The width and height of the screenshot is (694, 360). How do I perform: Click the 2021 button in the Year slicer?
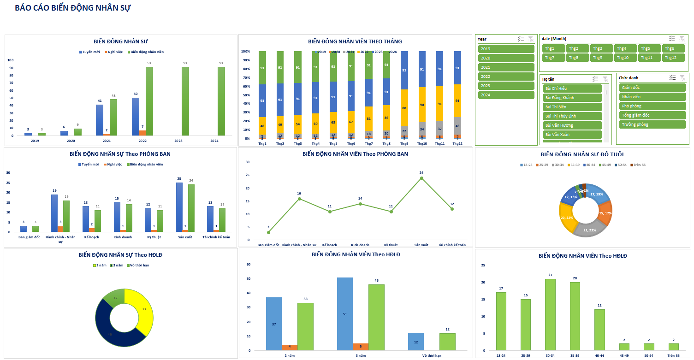pyautogui.click(x=506, y=67)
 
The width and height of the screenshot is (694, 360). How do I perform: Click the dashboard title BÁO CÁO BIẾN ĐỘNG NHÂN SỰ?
pyautogui.click(x=72, y=8)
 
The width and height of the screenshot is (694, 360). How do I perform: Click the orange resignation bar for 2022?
pyautogui.click(x=142, y=133)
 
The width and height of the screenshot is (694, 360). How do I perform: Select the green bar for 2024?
pyautogui.click(x=221, y=101)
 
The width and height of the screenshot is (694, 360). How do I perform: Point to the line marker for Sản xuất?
pyautogui.click(x=421, y=178)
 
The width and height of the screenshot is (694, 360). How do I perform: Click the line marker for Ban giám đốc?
pyautogui.click(x=268, y=232)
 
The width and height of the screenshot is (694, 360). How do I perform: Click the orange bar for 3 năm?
pyautogui.click(x=361, y=347)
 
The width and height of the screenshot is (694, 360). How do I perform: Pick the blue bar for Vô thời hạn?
pyautogui.click(x=416, y=342)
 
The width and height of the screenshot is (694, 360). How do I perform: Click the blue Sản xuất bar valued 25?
pyautogui.click(x=179, y=207)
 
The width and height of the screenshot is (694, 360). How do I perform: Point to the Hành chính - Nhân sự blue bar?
pyautogui.click(x=54, y=213)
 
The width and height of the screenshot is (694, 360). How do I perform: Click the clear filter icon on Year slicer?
pyautogui.click(x=531, y=39)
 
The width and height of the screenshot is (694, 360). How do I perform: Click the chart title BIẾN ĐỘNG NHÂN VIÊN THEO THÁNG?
pyautogui.click(x=355, y=41)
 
